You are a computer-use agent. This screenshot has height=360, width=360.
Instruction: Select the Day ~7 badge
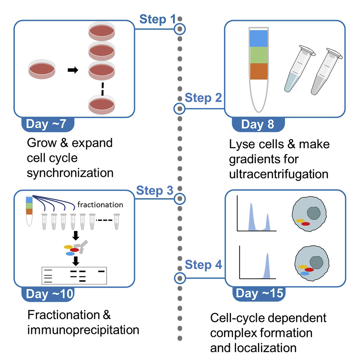point(48,124)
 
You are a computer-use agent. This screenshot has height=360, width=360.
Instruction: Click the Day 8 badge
point(258,124)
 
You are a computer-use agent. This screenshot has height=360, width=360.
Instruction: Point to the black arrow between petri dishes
point(73,70)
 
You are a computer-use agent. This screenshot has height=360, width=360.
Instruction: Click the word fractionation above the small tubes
point(100,205)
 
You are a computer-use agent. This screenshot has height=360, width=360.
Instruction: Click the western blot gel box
point(75,276)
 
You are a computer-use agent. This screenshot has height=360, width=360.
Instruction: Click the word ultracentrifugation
point(278,174)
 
